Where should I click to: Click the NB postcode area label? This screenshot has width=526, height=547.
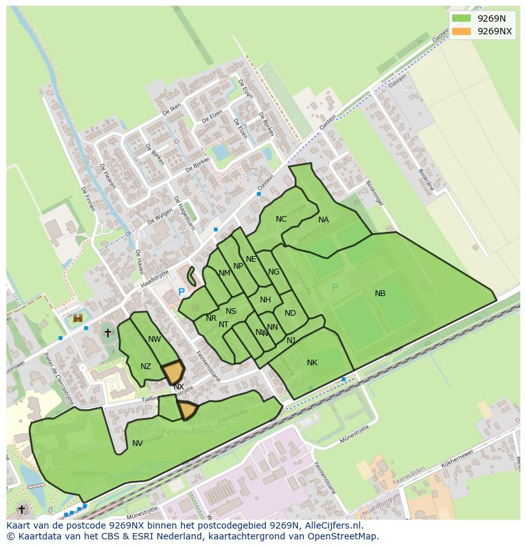tap(380, 294)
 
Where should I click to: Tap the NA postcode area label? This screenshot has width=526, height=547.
tap(323, 220)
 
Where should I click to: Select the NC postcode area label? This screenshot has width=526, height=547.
tap(281, 219)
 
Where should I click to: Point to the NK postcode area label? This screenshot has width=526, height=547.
tap(312, 363)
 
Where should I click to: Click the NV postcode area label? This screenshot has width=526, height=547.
tap(137, 443)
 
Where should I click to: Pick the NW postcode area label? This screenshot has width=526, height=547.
tap(154, 339)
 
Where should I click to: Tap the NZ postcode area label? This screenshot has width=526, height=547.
tap(145, 367)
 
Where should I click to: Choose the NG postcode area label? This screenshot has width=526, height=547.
tap(274, 272)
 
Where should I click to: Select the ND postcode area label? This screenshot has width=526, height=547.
tap(290, 313)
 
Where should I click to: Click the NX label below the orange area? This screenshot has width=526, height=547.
tap(179, 387)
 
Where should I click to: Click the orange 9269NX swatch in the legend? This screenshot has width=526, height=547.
tap(462, 31)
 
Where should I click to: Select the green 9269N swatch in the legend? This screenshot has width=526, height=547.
tap(462, 18)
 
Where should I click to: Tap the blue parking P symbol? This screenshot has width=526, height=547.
tap(181, 292)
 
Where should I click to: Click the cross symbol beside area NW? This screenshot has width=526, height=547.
tap(107, 332)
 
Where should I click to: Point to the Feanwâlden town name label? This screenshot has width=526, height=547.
tap(188, 432)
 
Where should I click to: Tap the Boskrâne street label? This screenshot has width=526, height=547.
tap(426, 180)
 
